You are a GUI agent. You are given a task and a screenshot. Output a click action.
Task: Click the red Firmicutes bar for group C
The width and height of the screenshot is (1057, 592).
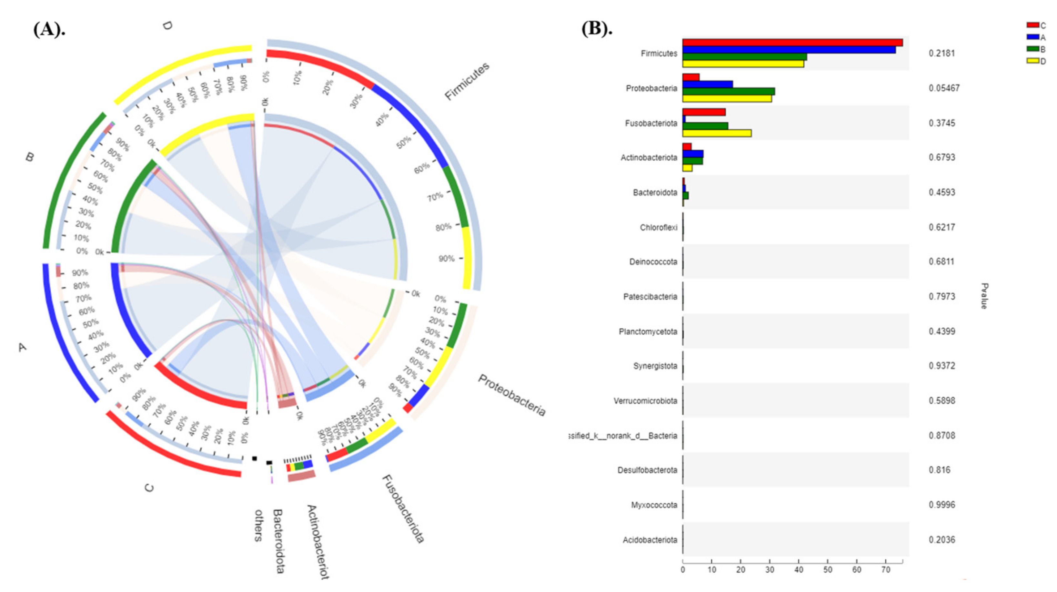click(x=792, y=43)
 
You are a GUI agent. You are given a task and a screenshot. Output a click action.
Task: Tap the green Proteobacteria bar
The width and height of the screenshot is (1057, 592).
click(x=728, y=92)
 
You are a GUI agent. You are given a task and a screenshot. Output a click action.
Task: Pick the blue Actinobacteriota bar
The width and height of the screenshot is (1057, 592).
click(x=693, y=154)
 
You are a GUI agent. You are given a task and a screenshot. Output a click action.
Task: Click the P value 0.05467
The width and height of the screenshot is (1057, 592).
click(x=944, y=88)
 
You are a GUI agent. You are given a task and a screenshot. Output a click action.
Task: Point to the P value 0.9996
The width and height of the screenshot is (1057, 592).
click(x=942, y=505)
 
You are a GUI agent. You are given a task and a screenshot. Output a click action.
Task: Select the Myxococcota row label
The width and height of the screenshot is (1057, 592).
click(x=654, y=505)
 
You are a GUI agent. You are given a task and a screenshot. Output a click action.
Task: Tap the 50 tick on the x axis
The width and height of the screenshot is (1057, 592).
click(x=828, y=569)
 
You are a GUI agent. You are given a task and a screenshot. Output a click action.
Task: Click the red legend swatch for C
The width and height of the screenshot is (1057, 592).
click(x=1032, y=25)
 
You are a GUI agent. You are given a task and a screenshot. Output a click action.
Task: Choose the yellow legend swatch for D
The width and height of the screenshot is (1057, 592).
click(x=1032, y=61)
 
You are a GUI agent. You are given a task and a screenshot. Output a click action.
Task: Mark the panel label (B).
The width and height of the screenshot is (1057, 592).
click(x=597, y=28)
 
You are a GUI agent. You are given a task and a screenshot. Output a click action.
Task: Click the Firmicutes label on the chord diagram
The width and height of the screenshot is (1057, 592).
click(x=467, y=81)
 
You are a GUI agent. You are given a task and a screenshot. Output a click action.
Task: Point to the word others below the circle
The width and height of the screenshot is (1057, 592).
click(x=258, y=525)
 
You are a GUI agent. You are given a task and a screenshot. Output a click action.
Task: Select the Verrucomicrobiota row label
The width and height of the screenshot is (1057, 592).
click(x=645, y=400)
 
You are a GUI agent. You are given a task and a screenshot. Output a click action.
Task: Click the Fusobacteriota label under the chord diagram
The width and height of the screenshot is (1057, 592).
click(x=403, y=509)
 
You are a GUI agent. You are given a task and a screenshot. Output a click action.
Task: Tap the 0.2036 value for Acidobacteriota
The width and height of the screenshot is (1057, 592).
click(x=942, y=539)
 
